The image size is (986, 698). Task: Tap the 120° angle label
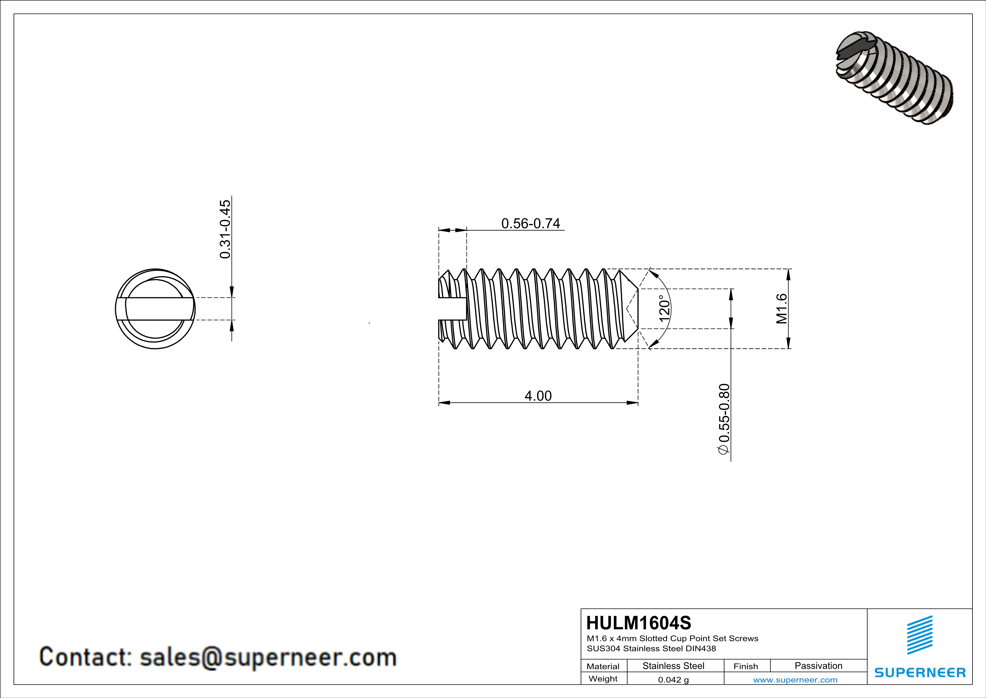point(664,308)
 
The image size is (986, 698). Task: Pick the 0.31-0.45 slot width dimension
point(225,229)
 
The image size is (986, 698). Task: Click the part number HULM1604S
point(638,623)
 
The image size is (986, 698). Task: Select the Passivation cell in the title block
point(818,666)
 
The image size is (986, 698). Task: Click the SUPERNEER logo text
point(920,673)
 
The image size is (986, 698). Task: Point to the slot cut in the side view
point(452,308)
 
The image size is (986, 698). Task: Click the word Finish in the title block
point(746,666)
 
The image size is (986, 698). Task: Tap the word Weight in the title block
point(603,679)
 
